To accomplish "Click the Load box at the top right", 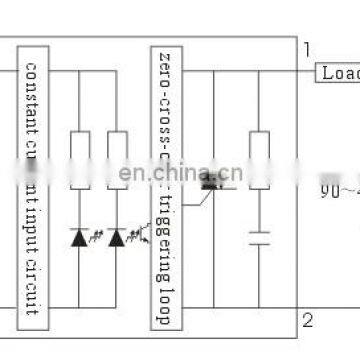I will click(338, 72).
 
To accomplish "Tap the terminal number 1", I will click(307, 49).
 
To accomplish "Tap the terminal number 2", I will click(308, 319).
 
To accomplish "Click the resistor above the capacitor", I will click(259, 155).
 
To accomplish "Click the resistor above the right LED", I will click(118, 155).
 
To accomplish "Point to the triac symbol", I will click(211, 182).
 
